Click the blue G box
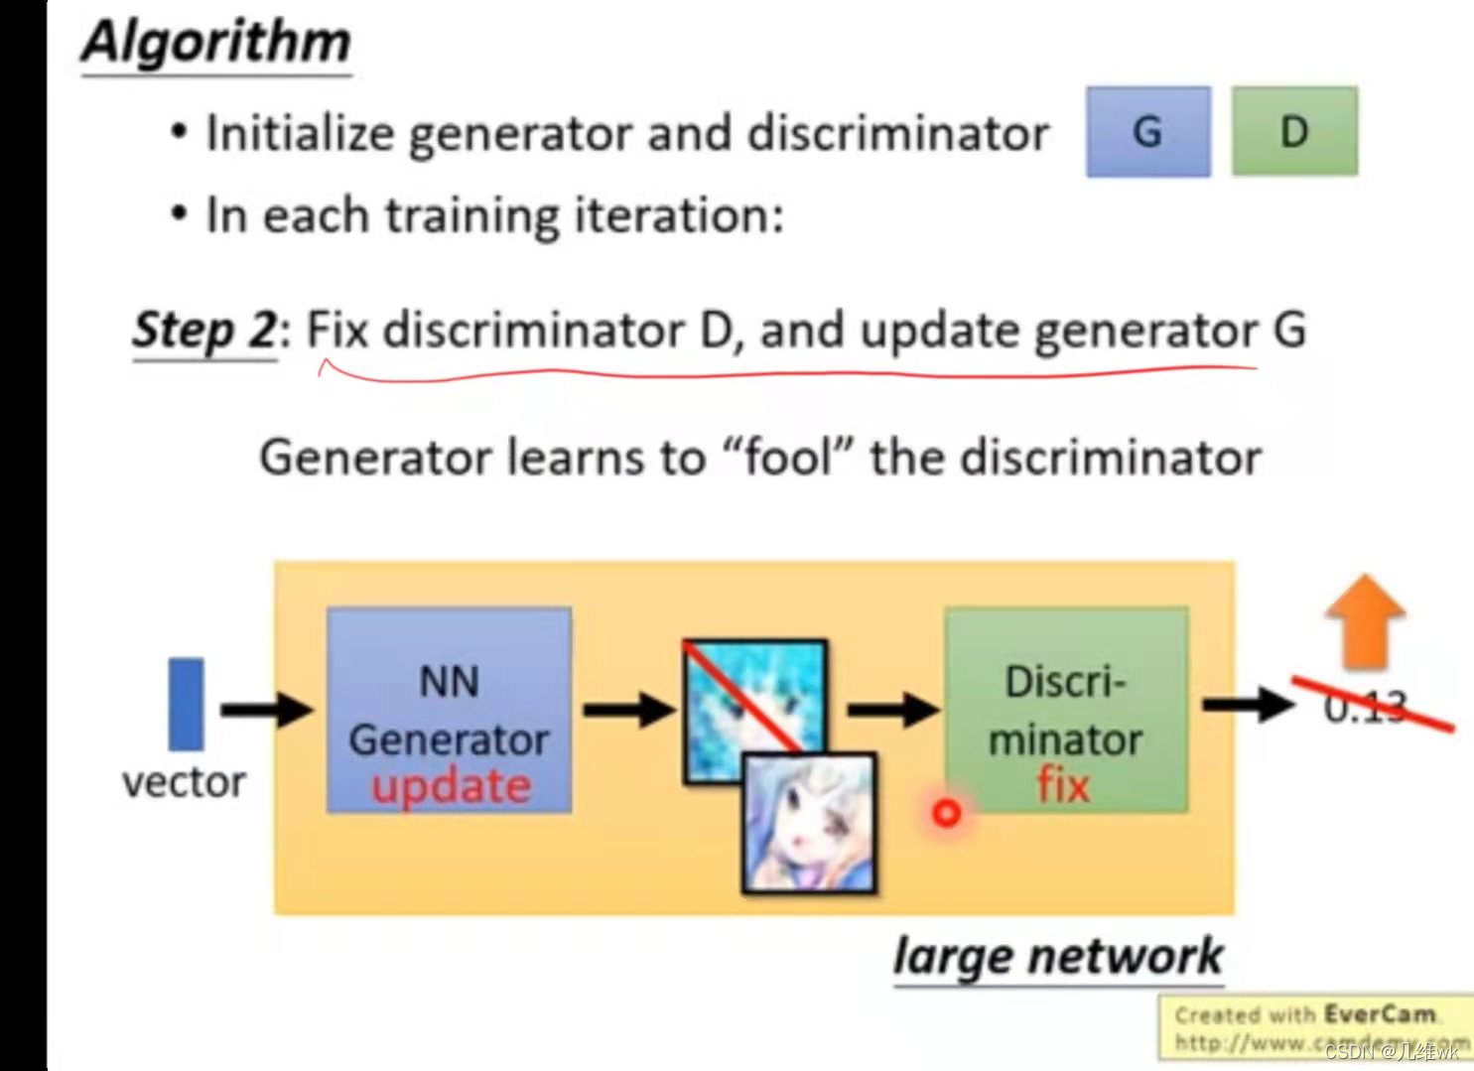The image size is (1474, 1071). coord(1147,132)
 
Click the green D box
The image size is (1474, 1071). coord(1293,132)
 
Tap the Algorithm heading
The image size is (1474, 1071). coord(216,44)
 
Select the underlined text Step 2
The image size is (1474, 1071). coord(203,330)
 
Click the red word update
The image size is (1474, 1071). coord(451,785)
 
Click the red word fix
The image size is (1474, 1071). coord(1063,785)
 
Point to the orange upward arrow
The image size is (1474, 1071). coord(1365,620)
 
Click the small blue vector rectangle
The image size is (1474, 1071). coord(186,704)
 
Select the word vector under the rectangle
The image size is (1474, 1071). coord(184,782)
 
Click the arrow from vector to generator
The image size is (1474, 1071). coord(265,709)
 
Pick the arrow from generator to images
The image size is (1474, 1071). coord(628,709)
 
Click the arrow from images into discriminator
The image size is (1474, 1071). coord(891,709)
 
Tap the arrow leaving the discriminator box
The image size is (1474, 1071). coord(1248,705)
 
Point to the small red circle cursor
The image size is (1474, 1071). coord(947,813)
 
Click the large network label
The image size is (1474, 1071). coord(1058,957)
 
